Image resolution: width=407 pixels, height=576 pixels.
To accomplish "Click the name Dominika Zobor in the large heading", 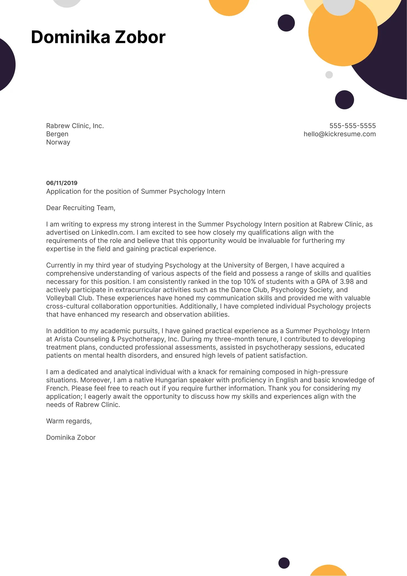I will tap(98, 37).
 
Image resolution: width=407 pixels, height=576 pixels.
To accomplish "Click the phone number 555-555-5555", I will tap(352, 126).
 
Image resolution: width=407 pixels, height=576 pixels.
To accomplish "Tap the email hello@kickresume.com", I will tap(340, 134).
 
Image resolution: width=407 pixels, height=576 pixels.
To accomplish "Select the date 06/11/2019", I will tap(62, 183).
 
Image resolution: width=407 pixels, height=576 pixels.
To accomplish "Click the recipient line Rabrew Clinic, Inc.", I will tap(75, 126).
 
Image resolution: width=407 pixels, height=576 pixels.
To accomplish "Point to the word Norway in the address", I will tap(58, 142).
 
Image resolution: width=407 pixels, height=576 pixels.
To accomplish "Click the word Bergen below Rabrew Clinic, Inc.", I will tap(57, 134).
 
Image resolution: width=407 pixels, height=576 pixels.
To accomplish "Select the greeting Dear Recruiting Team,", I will tap(81, 208).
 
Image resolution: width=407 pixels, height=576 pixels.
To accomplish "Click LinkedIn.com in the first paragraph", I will tap(113, 233).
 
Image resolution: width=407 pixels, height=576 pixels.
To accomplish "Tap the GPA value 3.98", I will tap(347, 282).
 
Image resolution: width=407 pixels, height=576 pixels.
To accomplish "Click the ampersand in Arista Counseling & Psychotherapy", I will tap(113, 339).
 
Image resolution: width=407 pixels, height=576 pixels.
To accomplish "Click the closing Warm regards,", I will tap(69, 421).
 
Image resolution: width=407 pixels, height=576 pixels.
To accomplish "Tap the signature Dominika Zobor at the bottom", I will tap(71, 438).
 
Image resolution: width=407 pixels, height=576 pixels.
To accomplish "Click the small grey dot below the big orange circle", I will tap(329, 75).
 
